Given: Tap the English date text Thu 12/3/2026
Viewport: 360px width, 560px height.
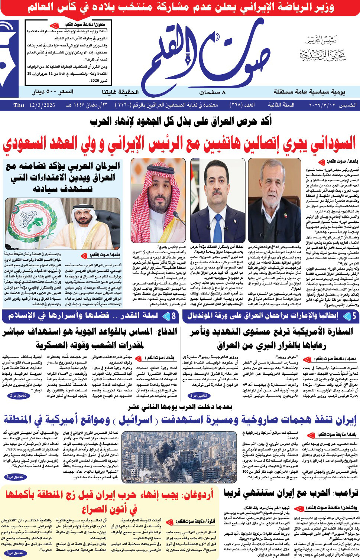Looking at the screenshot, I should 34,105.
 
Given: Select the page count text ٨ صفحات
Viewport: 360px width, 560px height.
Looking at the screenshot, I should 212,92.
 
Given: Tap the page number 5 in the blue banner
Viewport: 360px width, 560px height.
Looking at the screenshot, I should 354,316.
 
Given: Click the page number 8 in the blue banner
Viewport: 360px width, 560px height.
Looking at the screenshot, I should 173,316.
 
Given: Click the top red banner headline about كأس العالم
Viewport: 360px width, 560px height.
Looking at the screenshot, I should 180,8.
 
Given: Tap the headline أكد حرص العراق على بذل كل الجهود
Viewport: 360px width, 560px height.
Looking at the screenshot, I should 180,121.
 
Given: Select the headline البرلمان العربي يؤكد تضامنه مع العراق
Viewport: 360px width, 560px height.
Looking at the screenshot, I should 63,177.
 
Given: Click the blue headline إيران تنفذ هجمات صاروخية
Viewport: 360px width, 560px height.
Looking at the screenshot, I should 180,420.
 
